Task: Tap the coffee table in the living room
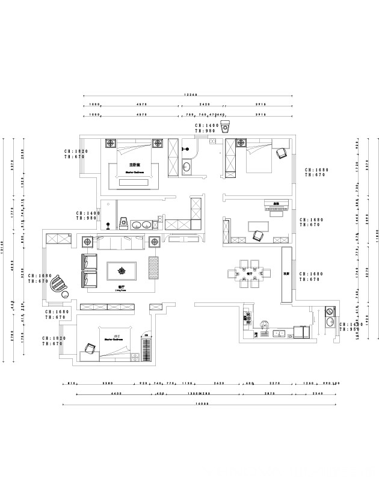coord(122,271)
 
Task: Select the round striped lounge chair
coord(58,283)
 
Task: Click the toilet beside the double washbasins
coord(123,224)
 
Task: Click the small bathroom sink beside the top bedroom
coord(187,167)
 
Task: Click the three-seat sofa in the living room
coord(118,243)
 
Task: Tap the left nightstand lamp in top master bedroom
coord(111,144)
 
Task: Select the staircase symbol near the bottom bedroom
coord(146,351)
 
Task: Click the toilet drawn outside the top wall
coord(226,127)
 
